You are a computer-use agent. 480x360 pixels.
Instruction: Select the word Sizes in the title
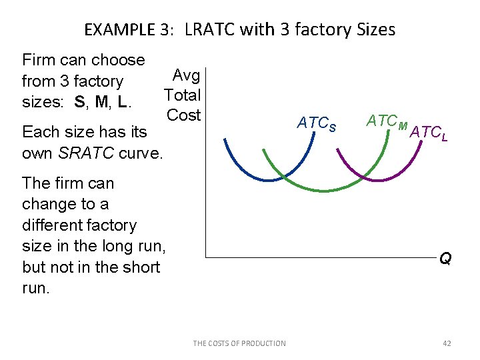(x=373, y=30)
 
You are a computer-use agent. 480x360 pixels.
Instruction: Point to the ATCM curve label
(x=387, y=121)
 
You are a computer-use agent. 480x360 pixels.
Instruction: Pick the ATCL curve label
(x=429, y=133)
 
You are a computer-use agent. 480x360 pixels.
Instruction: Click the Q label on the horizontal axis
(x=445, y=259)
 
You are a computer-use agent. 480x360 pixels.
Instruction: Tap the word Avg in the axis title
(x=187, y=75)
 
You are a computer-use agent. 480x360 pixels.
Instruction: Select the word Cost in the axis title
(x=184, y=115)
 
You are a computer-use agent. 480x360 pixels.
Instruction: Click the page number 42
(x=447, y=343)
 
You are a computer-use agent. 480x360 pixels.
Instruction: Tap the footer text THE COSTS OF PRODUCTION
(x=239, y=343)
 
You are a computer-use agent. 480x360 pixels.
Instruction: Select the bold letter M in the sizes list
(x=101, y=103)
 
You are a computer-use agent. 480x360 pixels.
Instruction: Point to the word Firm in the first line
(x=38, y=60)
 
